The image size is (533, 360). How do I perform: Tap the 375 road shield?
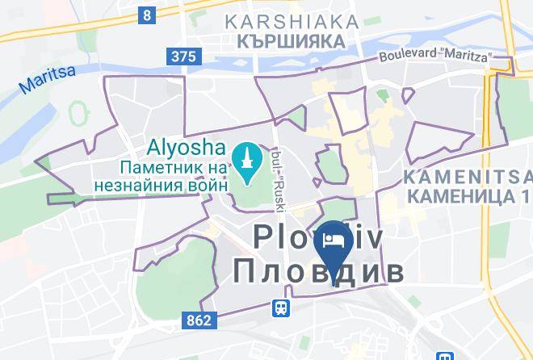(184, 56)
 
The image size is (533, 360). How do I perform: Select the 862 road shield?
(197, 320)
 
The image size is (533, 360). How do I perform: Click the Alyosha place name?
(184, 149)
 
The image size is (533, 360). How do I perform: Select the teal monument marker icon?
(244, 153)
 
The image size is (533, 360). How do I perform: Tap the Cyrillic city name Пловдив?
(318, 271)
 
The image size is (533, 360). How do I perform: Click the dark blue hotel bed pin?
(333, 243)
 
